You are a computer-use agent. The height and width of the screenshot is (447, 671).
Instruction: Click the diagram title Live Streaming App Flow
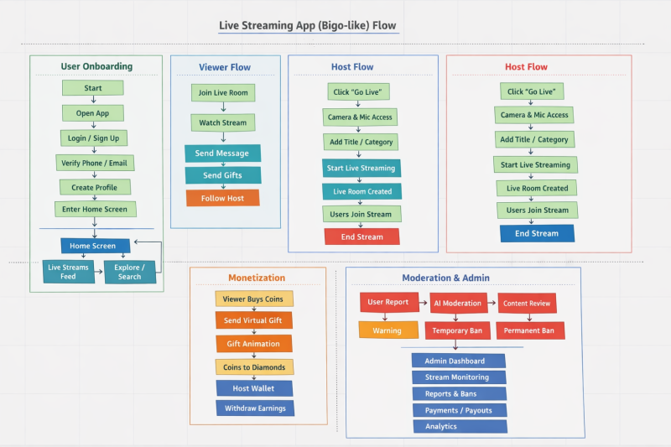(308, 26)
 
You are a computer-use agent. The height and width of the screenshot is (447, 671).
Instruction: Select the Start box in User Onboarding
(93, 88)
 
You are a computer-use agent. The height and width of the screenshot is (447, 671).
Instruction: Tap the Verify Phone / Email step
(93, 163)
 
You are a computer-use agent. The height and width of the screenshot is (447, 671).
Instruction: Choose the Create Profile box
(94, 187)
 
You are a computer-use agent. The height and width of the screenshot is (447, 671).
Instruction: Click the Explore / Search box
(129, 272)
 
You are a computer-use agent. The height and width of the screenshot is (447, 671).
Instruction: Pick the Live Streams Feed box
(68, 272)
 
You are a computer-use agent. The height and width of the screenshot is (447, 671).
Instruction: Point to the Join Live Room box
(222, 92)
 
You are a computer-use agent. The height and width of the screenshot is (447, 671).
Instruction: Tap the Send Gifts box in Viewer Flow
(222, 175)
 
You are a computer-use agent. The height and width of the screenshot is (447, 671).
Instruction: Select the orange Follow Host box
(222, 198)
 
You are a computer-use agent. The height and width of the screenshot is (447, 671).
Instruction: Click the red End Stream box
(362, 236)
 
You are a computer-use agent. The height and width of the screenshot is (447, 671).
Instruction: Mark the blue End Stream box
(537, 233)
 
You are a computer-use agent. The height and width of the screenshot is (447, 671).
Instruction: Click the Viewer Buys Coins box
(254, 299)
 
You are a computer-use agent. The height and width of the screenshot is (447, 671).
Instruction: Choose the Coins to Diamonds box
(254, 366)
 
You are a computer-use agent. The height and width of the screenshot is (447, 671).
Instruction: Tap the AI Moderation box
(459, 303)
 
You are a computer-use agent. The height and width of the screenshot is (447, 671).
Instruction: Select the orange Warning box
(388, 330)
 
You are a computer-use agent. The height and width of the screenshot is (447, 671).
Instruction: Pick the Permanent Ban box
(529, 330)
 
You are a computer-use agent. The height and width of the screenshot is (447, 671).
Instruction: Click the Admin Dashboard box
(459, 361)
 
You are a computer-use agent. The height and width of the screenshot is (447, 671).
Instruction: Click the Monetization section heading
(257, 278)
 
